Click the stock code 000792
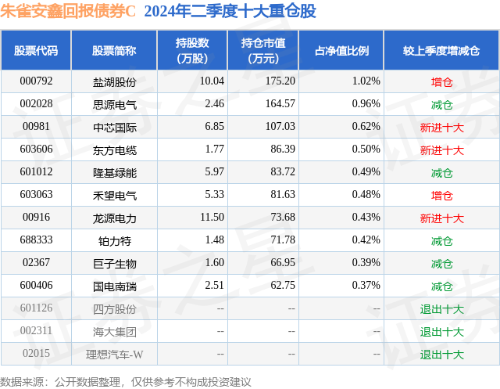[36, 81]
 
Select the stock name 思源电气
[114, 103]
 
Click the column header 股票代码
[36, 51]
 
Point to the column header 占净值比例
[341, 51]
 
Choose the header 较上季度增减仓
[441, 51]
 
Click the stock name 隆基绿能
[114, 172]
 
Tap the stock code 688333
[36, 240]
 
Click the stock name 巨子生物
[114, 263]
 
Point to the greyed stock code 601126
[36, 308]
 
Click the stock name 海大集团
[114, 331]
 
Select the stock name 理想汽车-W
[114, 354]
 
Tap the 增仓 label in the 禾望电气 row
[441, 195]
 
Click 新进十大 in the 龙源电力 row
[441, 218]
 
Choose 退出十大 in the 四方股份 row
[441, 308]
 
